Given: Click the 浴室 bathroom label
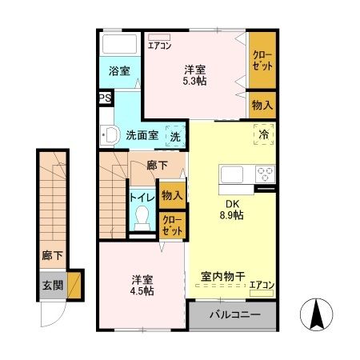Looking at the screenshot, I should coord(120,71).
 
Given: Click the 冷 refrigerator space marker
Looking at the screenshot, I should coord(262,134).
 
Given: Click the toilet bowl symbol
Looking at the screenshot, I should coord(142,217).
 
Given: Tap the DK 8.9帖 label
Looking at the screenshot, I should coord(232,209).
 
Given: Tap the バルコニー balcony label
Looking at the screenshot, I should coord(234,314).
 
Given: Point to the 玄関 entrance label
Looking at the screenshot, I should coord(53,284).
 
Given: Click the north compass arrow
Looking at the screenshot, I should coord(316,314).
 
